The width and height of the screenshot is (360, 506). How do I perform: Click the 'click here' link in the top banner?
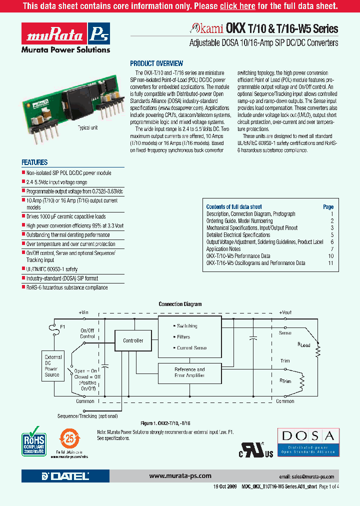[237, 6]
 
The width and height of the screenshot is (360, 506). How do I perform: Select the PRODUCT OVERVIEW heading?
[156, 63]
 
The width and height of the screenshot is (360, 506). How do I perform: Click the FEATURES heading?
[34, 162]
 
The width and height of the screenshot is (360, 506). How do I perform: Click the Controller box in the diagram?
[133, 340]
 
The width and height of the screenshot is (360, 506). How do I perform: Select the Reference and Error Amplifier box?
[189, 372]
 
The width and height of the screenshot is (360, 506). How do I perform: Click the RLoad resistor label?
[304, 344]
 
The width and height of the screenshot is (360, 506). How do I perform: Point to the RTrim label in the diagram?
[285, 381]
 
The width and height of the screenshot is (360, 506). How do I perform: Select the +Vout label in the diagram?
[285, 312]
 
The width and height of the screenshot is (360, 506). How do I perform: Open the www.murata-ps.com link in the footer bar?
[180, 476]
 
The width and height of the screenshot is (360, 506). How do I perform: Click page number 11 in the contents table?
[330, 263]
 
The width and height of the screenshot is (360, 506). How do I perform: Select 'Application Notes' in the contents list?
[223, 249]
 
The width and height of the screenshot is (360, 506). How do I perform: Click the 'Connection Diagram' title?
[180, 304]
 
